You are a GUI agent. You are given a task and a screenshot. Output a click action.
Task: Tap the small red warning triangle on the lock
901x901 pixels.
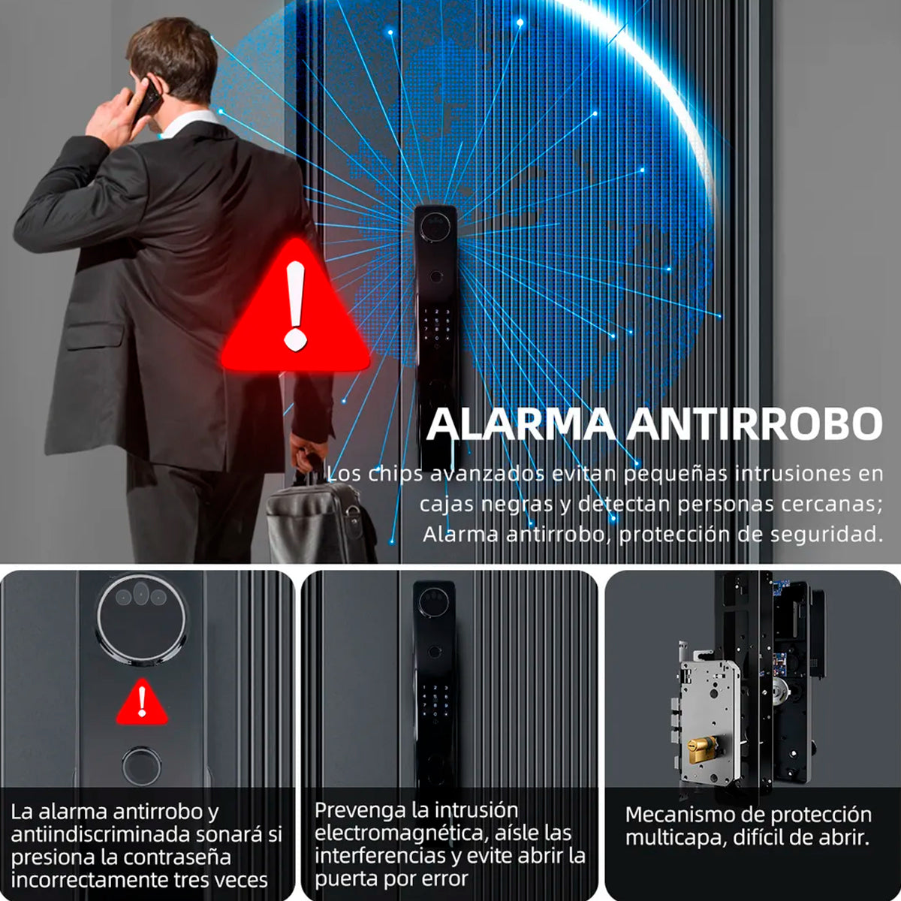coord(142,704)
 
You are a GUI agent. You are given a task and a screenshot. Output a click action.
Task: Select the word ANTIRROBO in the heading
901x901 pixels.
coord(754,424)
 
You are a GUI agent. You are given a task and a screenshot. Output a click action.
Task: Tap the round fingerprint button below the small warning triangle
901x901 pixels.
coord(141,766)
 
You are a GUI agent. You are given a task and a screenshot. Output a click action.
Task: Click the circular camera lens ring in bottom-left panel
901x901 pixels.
coord(141,618)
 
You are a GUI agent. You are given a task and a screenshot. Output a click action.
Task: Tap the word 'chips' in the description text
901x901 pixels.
coord(396,474)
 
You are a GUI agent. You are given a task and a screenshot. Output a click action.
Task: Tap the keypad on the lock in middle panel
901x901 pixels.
coord(435,699)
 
